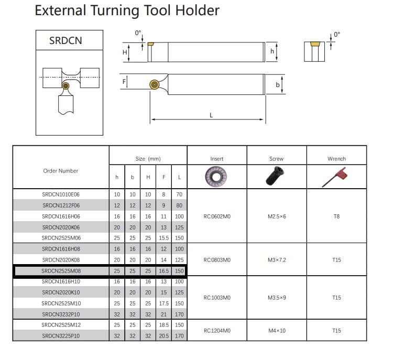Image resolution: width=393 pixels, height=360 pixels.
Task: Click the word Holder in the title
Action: pyautogui.click(x=197, y=10)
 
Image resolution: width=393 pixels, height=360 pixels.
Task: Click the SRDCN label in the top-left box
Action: pyautogui.click(x=65, y=41)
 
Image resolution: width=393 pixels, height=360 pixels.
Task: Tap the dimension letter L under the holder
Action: pyautogui.click(x=211, y=115)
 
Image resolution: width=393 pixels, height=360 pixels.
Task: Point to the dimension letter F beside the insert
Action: pyautogui.click(x=124, y=82)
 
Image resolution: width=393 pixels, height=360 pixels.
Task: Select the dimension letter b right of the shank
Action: pyautogui.click(x=277, y=85)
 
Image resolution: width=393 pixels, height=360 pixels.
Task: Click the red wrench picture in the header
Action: pyautogui.click(x=335, y=177)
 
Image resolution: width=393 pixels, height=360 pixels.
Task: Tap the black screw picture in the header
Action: pyautogui.click(x=275, y=176)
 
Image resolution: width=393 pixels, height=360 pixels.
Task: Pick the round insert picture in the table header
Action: pyautogui.click(x=216, y=177)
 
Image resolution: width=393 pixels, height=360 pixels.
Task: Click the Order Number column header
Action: pyautogui.click(x=61, y=171)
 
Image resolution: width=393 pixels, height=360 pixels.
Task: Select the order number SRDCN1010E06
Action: pyautogui.click(x=61, y=194)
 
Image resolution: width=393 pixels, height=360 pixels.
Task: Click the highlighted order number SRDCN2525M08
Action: pyautogui.click(x=61, y=271)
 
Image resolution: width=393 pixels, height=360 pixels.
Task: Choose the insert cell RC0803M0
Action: pyautogui.click(x=217, y=260)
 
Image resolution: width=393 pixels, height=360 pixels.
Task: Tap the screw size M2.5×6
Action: pyautogui.click(x=277, y=216)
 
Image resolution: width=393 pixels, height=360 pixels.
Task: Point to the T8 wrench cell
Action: pyautogui.click(x=336, y=216)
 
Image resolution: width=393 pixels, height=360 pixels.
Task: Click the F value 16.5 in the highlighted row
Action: pyautogui.click(x=164, y=271)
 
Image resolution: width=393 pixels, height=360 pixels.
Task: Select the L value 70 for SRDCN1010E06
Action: pyautogui.click(x=179, y=194)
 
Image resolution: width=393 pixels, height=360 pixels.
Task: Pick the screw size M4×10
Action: pyautogui.click(x=277, y=331)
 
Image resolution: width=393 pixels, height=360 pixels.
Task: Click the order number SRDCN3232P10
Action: pyautogui.click(x=61, y=314)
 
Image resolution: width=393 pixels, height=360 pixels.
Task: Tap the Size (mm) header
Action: pyautogui.click(x=148, y=159)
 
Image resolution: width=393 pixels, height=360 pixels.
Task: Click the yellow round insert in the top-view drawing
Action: pyautogui.click(x=155, y=84)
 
